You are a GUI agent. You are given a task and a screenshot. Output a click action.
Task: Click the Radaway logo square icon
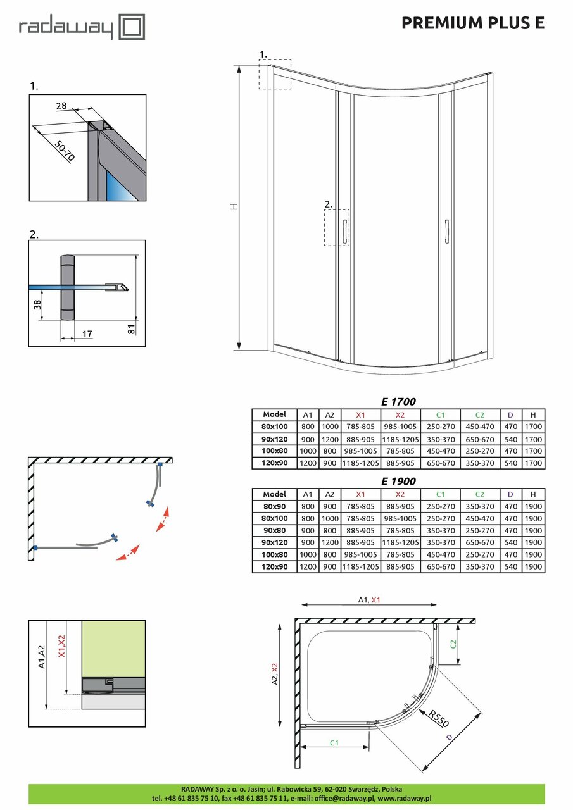point(133,28)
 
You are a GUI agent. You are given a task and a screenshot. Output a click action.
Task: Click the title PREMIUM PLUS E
point(473,23)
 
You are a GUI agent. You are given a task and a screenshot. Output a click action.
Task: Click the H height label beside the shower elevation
point(233,207)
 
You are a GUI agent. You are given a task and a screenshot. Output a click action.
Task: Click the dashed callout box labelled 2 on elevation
point(337,227)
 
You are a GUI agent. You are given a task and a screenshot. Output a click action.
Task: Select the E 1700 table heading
point(398,401)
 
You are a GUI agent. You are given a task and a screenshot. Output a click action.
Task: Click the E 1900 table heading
point(398,481)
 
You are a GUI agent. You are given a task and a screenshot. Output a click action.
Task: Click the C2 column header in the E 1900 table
point(479,494)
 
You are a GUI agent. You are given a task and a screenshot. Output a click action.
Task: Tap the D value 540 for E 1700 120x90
point(510,463)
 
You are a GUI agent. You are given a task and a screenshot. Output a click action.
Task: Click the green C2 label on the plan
point(453,644)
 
